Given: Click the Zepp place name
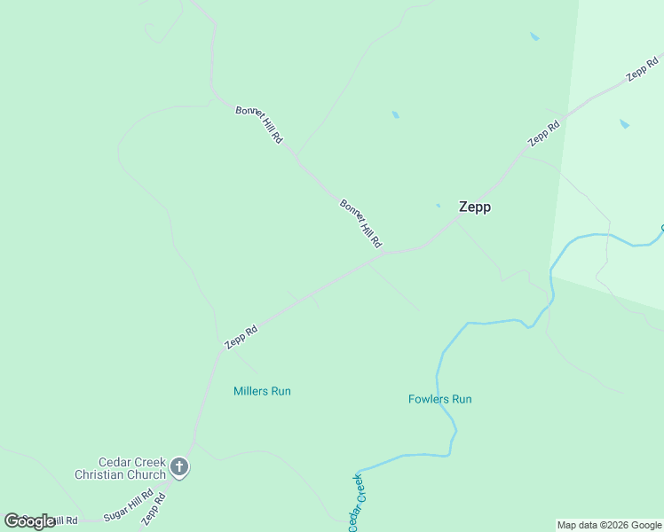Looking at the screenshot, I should tap(475, 207).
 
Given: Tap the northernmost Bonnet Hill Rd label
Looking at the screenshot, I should tap(259, 125).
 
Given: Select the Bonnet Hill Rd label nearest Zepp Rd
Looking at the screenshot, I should tap(361, 223).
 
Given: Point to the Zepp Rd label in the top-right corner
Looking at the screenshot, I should tap(642, 66).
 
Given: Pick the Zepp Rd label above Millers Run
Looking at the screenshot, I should tap(241, 336).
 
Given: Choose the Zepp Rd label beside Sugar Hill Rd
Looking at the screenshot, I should tap(154, 509).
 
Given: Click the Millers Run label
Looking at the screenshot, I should tap(262, 391).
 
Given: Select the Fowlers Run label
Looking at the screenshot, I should tap(440, 399).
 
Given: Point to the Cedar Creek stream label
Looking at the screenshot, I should tap(357, 504).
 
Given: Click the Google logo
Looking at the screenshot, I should tap(28, 521).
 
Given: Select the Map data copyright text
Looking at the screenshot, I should tap(610, 525).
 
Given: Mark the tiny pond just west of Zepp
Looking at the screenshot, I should tap(438, 206).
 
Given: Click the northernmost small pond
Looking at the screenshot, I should tap(534, 36).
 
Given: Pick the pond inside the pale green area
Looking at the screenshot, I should tap(624, 124).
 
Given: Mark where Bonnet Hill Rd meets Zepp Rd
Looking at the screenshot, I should tap(381, 256).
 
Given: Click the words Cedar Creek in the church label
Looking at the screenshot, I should tap(131, 462).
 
